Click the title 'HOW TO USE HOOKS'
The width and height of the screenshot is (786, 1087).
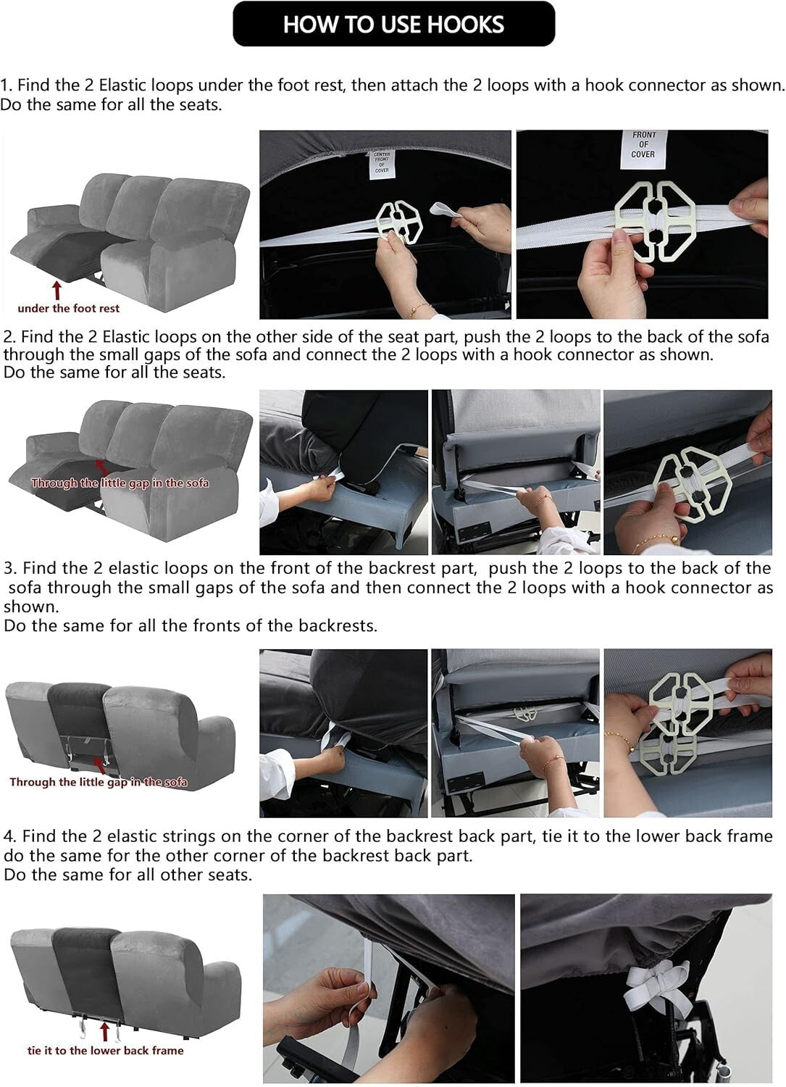coord(393,24)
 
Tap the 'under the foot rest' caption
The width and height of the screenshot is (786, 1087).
coord(68,309)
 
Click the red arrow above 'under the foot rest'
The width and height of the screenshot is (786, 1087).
coord(57,290)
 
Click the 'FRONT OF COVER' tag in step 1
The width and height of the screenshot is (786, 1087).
coord(643,145)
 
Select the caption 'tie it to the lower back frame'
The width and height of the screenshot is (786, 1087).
coord(105,1051)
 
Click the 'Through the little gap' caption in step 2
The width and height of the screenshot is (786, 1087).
coord(120,483)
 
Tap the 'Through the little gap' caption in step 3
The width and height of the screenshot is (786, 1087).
coord(99,782)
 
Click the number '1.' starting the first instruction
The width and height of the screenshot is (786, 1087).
coord(7,86)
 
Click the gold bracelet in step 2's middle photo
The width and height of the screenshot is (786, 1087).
coord(542,501)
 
